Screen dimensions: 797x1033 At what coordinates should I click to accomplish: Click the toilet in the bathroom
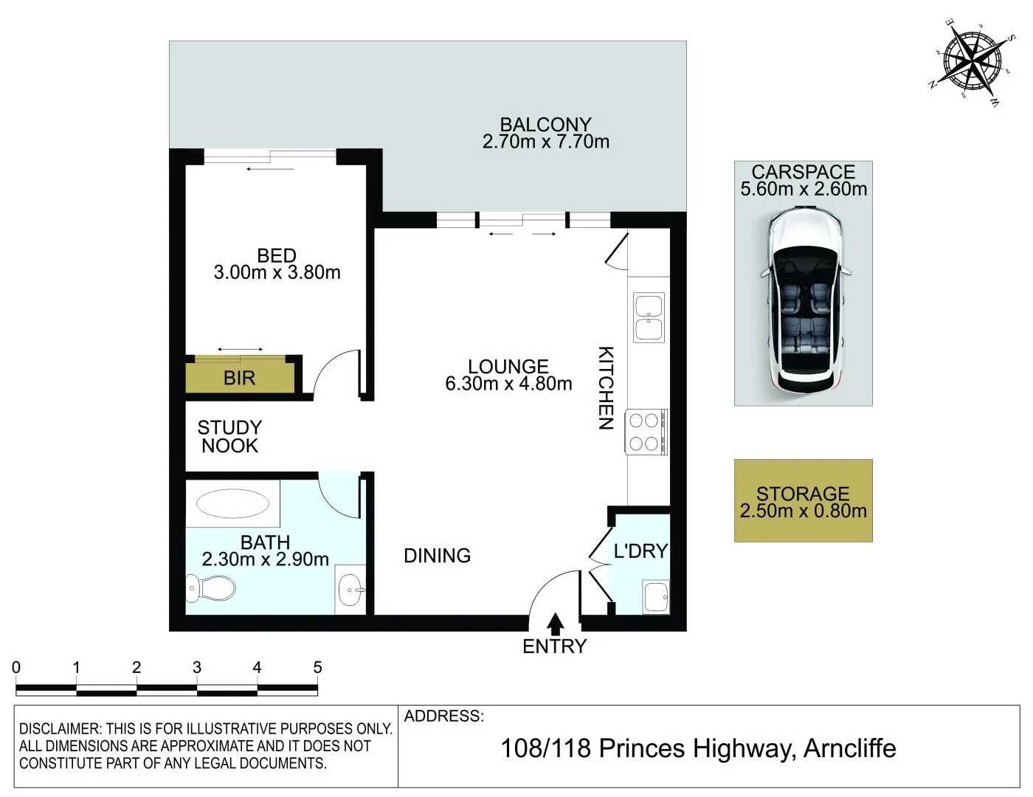pyautogui.click(x=212, y=588)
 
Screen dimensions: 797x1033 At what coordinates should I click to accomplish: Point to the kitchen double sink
pyautogui.click(x=649, y=317)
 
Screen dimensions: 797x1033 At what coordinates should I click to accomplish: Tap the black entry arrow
pyautogui.click(x=556, y=624)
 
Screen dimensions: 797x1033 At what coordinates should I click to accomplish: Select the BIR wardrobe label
pyautogui.click(x=239, y=379)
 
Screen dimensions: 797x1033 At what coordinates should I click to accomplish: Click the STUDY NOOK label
pyautogui.click(x=229, y=437)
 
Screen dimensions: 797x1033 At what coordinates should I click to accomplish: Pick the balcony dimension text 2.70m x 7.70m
pyautogui.click(x=546, y=142)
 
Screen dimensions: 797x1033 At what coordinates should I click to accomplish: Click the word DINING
pyautogui.click(x=437, y=556)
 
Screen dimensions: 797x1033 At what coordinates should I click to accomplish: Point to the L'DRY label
pyautogui.click(x=640, y=551)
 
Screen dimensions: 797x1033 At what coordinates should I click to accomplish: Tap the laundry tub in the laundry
pyautogui.click(x=655, y=596)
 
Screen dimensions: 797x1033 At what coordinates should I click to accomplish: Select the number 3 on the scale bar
pyautogui.click(x=197, y=667)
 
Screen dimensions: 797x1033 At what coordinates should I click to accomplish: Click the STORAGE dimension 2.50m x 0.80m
pyautogui.click(x=803, y=511)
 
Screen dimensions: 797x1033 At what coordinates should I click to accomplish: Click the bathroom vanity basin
pyautogui.click(x=350, y=589)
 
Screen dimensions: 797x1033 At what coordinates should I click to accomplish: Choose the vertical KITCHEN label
pyautogui.click(x=605, y=387)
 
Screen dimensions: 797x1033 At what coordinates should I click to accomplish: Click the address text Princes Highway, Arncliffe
pyautogui.click(x=747, y=748)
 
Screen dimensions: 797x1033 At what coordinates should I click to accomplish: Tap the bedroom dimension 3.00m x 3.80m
pyautogui.click(x=277, y=272)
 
